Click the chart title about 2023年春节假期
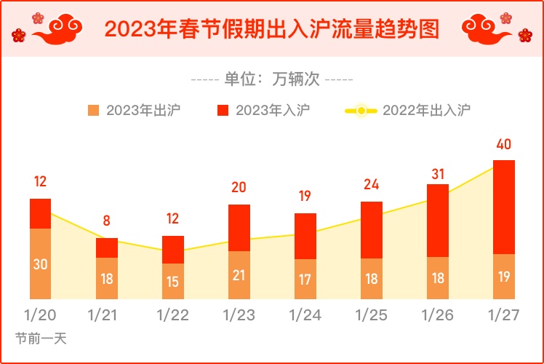click(271, 29)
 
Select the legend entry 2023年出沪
click(135, 111)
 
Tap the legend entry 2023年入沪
click(264, 111)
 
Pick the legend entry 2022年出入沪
click(407, 111)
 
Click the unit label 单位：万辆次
click(271, 79)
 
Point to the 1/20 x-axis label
click(40, 315)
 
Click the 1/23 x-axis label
click(239, 315)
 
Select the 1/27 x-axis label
click(503, 315)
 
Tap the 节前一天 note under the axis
click(41, 339)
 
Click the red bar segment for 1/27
click(503, 207)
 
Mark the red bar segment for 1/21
click(107, 248)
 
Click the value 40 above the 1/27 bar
click(503, 144)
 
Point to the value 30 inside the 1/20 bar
click(40, 264)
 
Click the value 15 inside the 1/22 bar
click(172, 282)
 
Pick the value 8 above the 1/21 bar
click(107, 220)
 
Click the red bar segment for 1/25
click(371, 229)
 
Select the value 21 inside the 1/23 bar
click(239, 275)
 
